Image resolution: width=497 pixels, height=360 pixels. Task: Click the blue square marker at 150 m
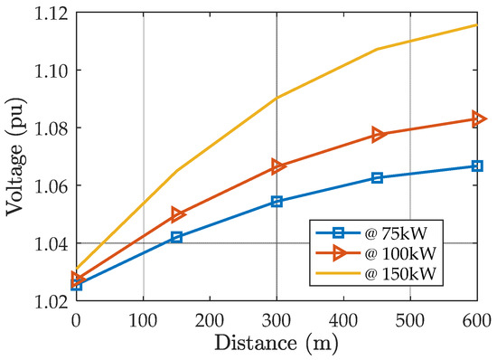[x=176, y=237]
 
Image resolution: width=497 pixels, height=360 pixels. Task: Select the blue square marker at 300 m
[x=277, y=202]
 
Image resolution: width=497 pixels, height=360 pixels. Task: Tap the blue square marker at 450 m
[x=377, y=178]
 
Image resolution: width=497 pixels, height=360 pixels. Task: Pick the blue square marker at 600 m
[x=477, y=166]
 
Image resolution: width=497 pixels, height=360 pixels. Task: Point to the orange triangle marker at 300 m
[x=277, y=166]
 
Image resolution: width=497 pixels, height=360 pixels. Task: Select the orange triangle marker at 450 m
[x=378, y=135]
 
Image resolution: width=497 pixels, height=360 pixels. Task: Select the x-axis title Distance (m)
[x=277, y=344]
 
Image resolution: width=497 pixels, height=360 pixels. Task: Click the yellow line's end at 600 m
[x=477, y=24]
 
